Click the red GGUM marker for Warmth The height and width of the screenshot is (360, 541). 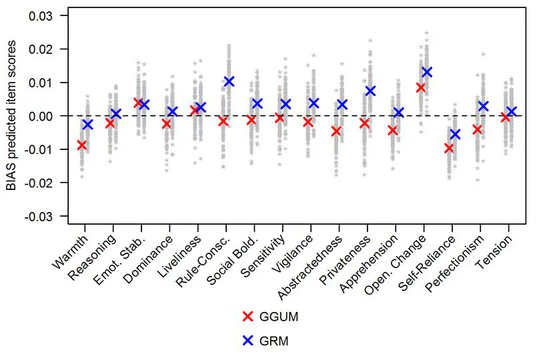pyautogui.click(x=82, y=145)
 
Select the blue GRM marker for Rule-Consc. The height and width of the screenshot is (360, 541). pyautogui.click(x=229, y=81)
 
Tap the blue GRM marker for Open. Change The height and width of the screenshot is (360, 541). pyautogui.click(x=427, y=71)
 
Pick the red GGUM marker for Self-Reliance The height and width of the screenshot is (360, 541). pyautogui.click(x=449, y=148)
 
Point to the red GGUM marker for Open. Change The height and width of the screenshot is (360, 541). pyautogui.click(x=421, y=87)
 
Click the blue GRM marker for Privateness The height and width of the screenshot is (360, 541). pyautogui.click(x=371, y=91)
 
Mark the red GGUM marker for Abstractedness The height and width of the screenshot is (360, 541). pyautogui.click(x=336, y=131)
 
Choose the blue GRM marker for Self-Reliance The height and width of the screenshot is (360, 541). pyautogui.click(x=455, y=134)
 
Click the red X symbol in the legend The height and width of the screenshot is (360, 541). pyautogui.click(x=248, y=317)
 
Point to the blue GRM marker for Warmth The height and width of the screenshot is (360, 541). pyautogui.click(x=88, y=124)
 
